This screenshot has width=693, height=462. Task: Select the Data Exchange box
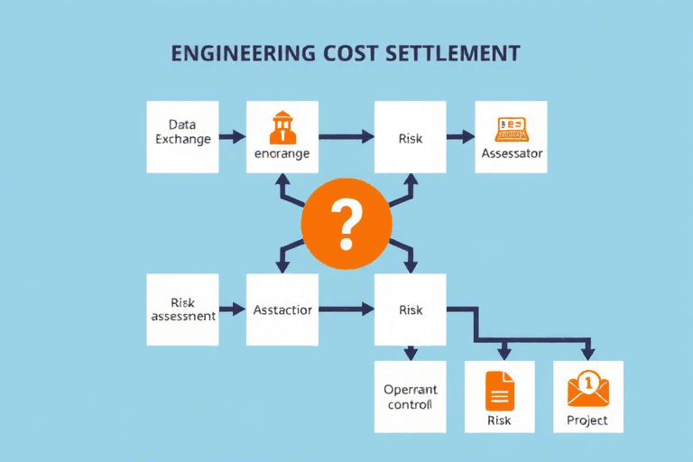point(182,136)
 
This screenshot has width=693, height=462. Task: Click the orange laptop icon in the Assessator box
point(511,129)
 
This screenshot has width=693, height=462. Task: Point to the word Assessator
point(512,153)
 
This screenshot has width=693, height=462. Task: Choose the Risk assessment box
point(182,310)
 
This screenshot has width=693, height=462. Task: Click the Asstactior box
point(282,310)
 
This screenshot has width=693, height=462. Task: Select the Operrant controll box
point(410,396)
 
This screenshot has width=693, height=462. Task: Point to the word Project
point(587,420)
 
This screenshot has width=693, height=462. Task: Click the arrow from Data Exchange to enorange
point(233,137)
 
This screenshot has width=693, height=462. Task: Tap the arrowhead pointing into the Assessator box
point(467,137)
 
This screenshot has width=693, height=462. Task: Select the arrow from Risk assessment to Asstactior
point(233,310)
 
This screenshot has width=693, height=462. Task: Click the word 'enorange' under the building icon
point(282,153)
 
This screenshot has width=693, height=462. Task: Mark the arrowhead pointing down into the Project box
point(588,352)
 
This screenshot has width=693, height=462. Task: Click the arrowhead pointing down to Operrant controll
point(411,354)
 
